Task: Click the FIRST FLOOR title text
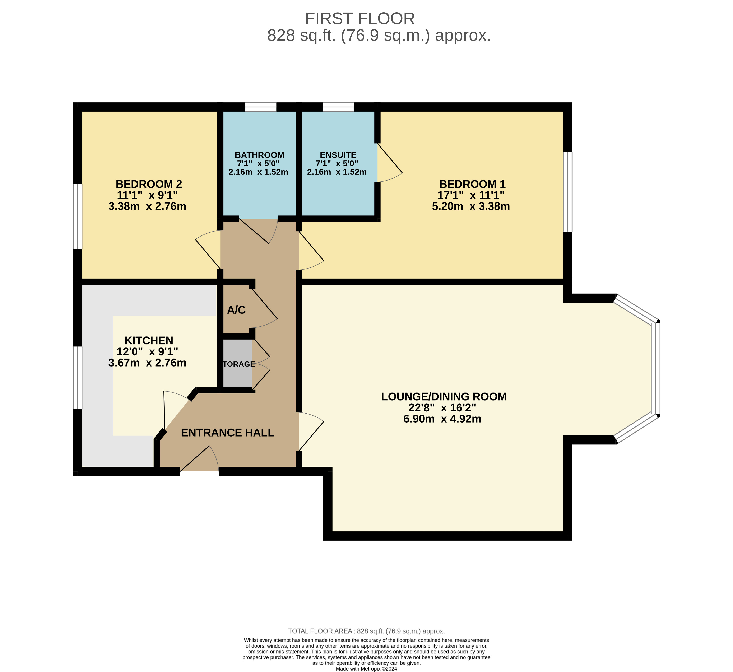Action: point(359,19)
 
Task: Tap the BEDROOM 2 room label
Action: point(149,184)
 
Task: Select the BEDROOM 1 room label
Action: point(472,184)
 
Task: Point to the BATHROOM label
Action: point(259,155)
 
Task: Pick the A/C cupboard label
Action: point(236,310)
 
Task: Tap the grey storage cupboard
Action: point(238,364)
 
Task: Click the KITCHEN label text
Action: point(149,340)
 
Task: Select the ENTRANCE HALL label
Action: point(227,433)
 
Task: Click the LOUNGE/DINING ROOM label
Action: point(444,396)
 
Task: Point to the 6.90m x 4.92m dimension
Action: point(442,419)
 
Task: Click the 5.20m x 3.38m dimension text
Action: point(471,206)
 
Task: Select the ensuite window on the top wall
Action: point(338,107)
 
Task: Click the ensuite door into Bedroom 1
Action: point(389,164)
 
